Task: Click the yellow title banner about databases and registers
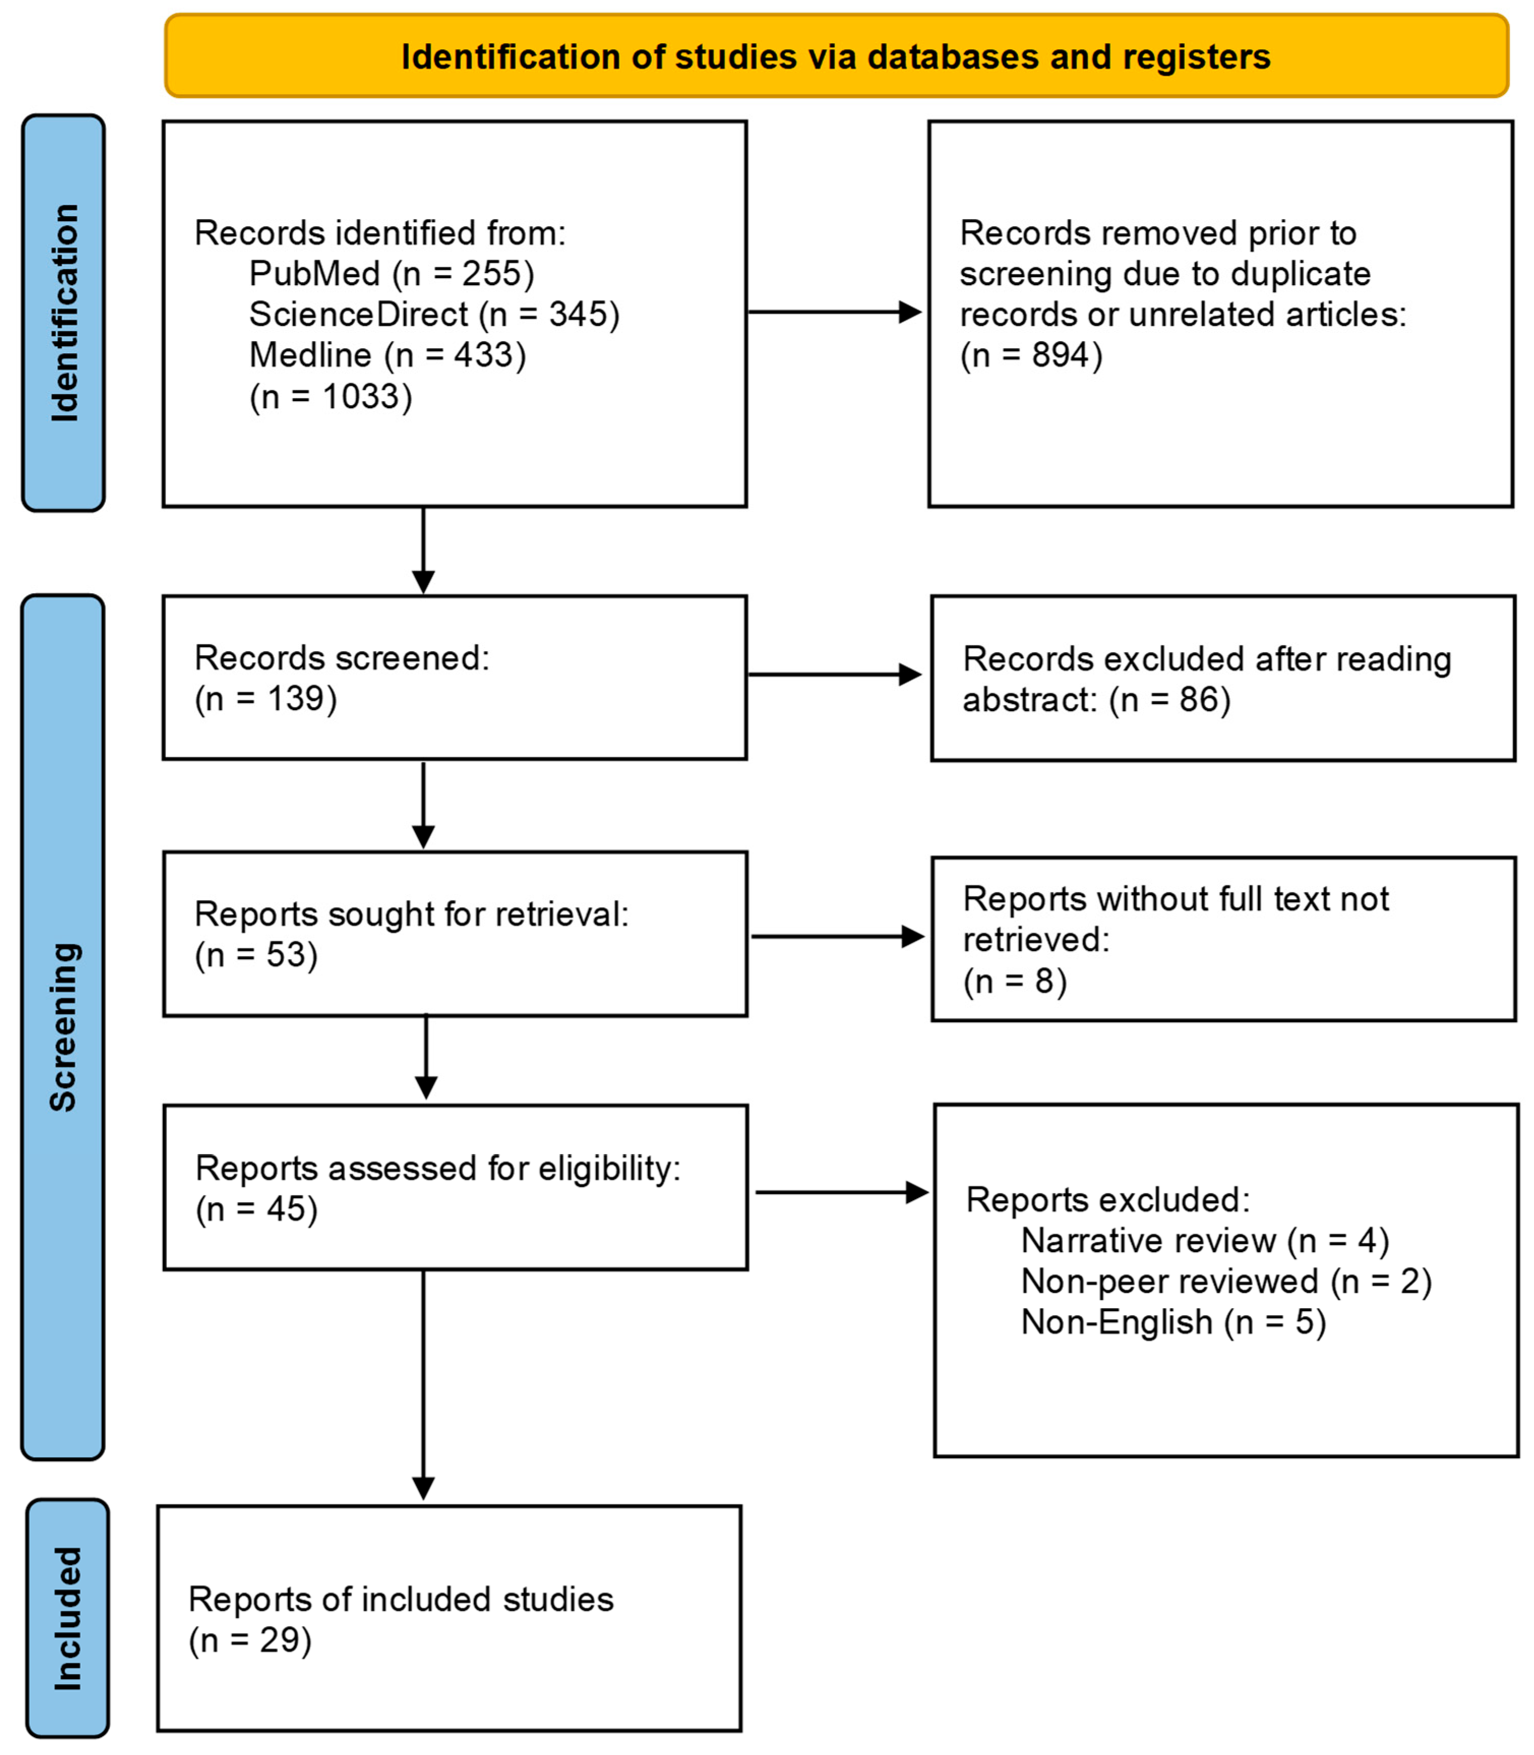(836, 56)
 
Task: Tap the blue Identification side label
(64, 313)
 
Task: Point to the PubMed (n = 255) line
(391, 274)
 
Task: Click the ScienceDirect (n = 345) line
(434, 314)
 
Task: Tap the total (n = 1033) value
(330, 397)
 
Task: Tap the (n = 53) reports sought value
(256, 955)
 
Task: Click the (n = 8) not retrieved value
(1015, 981)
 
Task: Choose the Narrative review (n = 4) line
(1205, 1240)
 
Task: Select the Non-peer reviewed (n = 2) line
(1226, 1282)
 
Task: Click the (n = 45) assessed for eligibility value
(256, 1209)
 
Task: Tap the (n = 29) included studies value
(250, 1640)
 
